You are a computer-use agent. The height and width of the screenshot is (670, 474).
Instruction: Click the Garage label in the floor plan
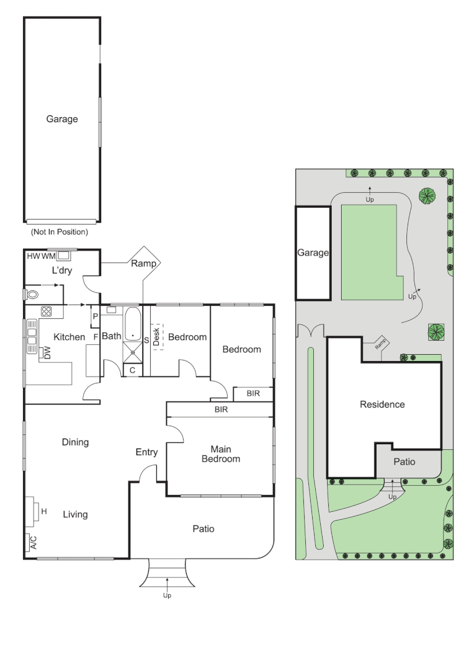62,119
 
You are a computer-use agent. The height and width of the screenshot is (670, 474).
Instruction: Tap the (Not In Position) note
60,231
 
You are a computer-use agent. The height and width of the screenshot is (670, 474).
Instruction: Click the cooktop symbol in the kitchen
46,311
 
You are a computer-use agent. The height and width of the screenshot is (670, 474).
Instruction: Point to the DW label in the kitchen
47,353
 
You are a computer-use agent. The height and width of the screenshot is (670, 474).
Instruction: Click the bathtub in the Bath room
133,324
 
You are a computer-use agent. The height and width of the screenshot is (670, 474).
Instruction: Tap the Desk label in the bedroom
156,337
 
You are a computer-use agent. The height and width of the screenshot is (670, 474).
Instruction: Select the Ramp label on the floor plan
143,263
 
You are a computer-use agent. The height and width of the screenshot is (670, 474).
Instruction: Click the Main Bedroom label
220,454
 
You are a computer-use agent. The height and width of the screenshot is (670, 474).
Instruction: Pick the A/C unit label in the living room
34,543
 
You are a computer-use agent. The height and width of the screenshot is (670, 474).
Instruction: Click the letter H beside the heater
44,511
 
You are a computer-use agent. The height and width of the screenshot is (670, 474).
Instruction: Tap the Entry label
146,452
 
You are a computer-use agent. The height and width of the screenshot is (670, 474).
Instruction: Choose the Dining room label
75,442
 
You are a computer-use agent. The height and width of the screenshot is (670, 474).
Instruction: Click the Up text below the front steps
167,596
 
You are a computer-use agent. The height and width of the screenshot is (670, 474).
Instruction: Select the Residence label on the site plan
382,404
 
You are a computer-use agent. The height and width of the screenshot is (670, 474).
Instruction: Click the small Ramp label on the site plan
380,344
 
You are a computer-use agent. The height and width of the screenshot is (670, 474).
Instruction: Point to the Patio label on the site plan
405,462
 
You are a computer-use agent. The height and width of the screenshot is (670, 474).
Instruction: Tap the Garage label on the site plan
313,253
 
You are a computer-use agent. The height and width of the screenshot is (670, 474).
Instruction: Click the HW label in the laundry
34,256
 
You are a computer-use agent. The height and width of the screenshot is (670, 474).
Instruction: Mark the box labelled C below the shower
133,370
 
